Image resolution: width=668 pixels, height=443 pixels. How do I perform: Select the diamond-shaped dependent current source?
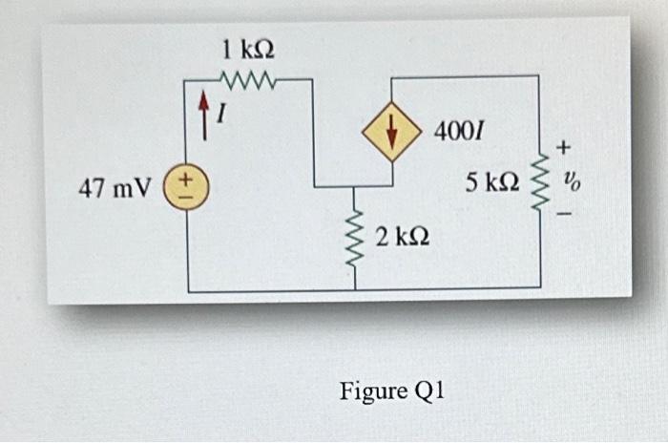click(391, 135)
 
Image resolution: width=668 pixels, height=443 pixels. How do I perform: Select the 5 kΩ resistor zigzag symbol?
click(540, 179)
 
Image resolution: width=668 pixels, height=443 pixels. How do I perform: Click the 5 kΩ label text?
click(493, 180)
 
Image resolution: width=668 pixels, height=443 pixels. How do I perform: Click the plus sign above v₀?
click(565, 149)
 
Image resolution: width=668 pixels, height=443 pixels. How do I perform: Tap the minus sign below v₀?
click(565, 214)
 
